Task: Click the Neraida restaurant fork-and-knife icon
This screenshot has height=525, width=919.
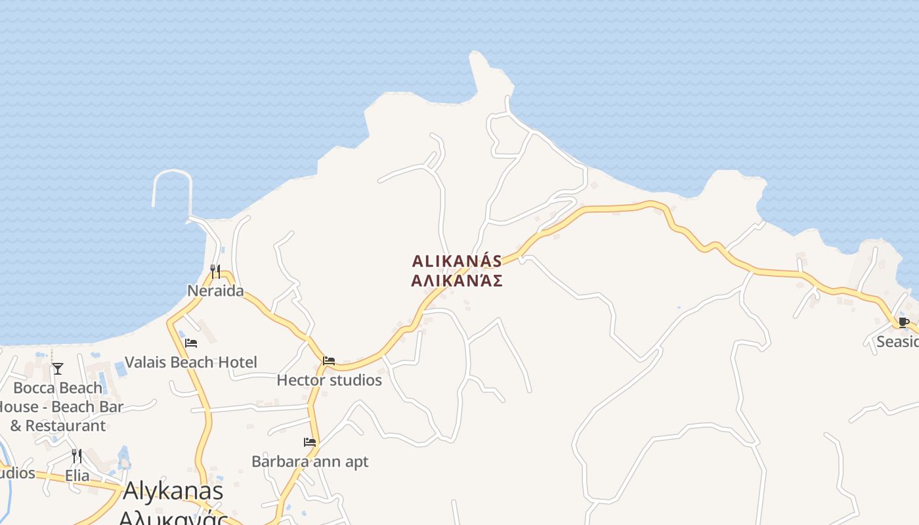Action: (215, 271)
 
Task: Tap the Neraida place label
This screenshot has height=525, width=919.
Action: (215, 291)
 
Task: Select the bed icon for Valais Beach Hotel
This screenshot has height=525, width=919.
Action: (191, 343)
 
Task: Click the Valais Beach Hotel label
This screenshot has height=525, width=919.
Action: (190, 362)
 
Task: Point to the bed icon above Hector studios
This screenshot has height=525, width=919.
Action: (329, 361)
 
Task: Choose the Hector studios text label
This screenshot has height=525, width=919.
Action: (329, 380)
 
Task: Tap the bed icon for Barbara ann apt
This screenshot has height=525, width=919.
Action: (310, 442)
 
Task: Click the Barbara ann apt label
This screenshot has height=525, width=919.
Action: (310, 461)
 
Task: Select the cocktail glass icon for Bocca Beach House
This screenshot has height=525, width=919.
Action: (58, 368)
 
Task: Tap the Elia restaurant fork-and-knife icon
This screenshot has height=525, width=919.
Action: (77, 455)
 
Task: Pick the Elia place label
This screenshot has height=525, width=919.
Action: (77, 475)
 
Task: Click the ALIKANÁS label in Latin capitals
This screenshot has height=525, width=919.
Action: (457, 261)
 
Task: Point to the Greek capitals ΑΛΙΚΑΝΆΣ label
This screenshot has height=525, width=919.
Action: (457, 281)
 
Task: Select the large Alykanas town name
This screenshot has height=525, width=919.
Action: (173, 491)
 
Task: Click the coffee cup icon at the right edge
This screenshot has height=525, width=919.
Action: (904, 322)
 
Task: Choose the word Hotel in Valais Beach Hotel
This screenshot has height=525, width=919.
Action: (237, 362)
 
